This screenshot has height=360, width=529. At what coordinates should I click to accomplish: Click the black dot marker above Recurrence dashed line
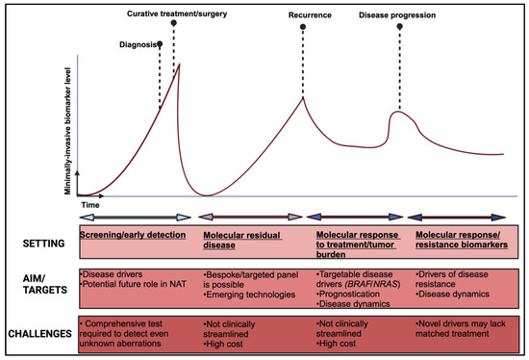[x=303, y=29]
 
